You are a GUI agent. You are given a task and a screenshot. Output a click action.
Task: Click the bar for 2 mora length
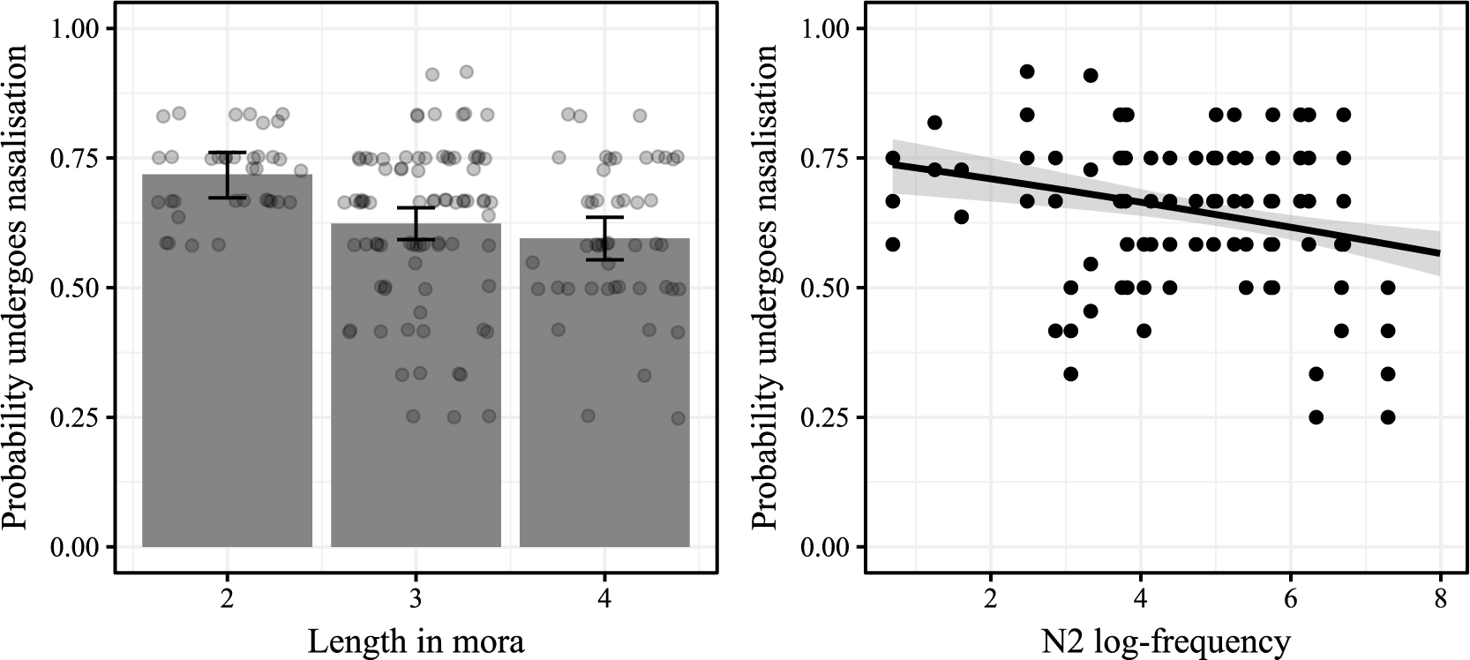coord(227,360)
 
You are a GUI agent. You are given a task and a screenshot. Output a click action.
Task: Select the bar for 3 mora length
coord(416,385)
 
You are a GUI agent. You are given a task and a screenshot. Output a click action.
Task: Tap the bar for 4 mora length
coord(604,393)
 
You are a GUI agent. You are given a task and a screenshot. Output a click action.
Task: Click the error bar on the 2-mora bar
coord(227,175)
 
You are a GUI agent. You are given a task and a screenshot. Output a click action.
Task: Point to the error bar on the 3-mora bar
coord(416,224)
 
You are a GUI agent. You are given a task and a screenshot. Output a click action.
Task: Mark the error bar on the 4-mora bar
coord(604,238)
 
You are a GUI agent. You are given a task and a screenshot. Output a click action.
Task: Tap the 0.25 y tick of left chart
coord(75,417)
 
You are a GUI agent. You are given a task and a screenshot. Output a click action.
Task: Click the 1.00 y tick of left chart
coord(75,28)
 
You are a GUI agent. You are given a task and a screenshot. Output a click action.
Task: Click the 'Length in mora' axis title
coord(416,641)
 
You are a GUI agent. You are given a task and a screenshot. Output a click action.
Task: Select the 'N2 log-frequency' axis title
coord(1166,641)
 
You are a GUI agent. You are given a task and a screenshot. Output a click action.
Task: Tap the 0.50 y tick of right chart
coord(825,288)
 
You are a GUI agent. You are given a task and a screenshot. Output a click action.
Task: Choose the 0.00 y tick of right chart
coord(825,546)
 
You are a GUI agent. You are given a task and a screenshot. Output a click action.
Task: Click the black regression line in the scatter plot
coord(1166,208)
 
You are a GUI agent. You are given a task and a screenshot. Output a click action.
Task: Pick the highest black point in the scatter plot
coord(1028,71)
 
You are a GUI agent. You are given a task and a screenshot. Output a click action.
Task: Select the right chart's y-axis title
coord(765,288)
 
